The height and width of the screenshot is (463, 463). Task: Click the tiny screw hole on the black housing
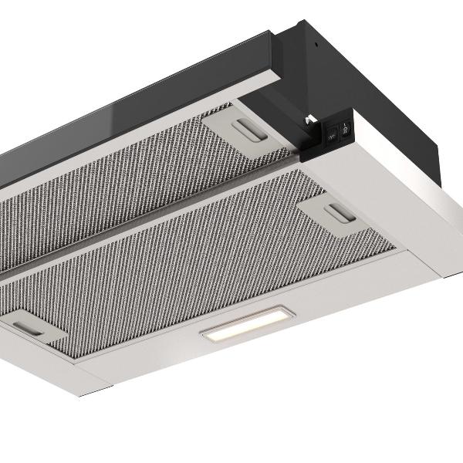[315, 44]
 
